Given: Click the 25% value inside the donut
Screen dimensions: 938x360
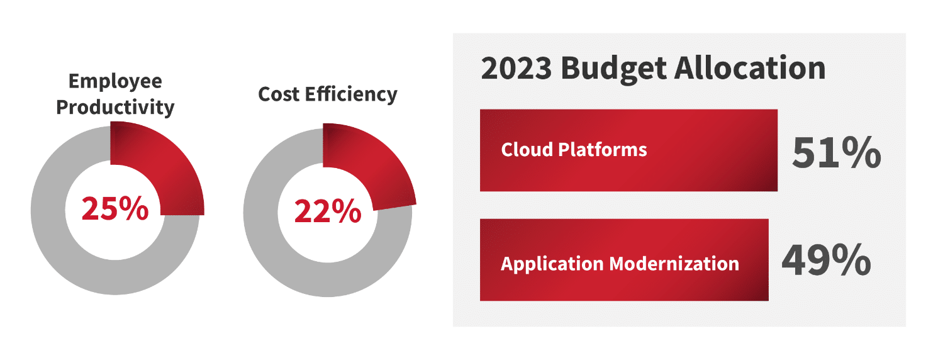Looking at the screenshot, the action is click(115, 208).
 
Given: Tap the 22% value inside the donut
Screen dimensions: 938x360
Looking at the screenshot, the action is click(328, 210).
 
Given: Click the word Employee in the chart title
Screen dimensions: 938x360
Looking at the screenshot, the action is click(115, 82).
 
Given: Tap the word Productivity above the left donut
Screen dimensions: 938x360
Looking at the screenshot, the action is click(115, 107).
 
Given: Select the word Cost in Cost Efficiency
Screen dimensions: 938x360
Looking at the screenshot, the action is click(279, 94).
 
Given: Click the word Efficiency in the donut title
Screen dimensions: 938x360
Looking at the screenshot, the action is click(351, 94).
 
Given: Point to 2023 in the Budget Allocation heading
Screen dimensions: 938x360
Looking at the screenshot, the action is click(516, 69).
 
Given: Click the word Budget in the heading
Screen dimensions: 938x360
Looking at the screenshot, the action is click(613, 69).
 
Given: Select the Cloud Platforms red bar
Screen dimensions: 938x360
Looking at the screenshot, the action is click(628, 150).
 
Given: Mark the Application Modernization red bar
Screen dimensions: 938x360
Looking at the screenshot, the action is click(624, 260).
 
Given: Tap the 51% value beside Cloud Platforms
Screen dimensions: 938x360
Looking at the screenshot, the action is click(837, 152).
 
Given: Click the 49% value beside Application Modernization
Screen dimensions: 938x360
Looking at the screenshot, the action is click(826, 261).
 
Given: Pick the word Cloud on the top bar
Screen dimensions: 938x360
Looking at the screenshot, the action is click(527, 150).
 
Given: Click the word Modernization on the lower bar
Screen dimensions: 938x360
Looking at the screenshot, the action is click(674, 264).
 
